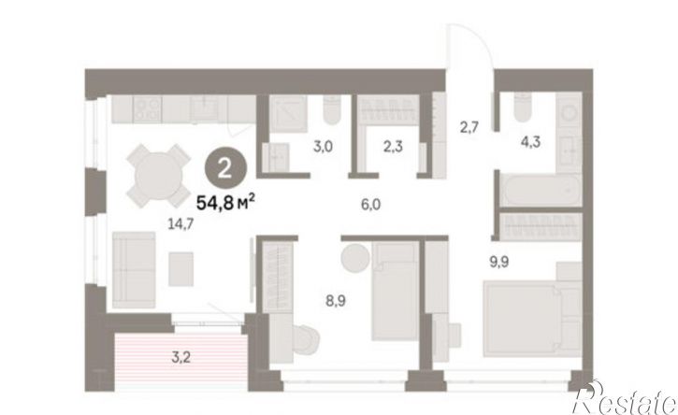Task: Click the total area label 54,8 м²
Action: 225,202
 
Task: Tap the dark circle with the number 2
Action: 225,169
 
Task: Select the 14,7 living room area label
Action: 180,223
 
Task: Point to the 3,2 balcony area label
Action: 181,357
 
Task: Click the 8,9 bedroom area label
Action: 336,300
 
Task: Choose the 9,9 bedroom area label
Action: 498,262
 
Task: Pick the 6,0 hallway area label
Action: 371,204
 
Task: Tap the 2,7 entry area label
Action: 469,128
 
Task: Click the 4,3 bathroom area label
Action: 530,142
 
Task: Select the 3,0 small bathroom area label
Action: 323,147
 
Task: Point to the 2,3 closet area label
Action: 393,147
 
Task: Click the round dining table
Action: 159,177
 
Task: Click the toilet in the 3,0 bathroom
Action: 333,110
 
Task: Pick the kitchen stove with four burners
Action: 148,108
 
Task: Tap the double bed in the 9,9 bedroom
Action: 532,319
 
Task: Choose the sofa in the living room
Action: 134,270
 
